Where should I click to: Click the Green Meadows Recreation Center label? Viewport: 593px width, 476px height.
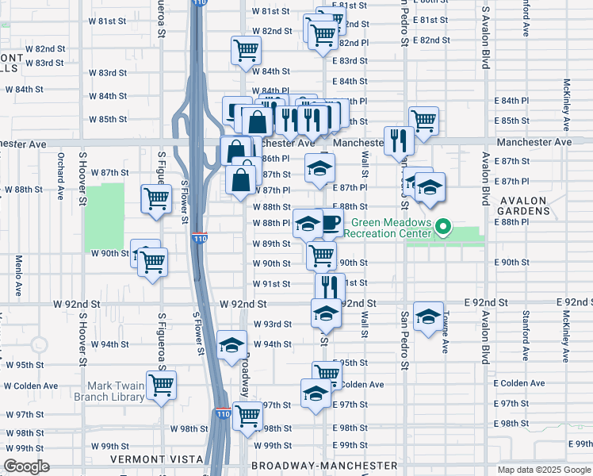[392, 228]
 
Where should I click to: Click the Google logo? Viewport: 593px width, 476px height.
[27, 466]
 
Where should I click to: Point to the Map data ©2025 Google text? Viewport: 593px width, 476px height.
[543, 470]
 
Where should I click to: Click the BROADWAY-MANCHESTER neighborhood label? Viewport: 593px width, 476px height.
[324, 465]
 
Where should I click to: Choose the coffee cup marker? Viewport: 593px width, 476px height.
[328, 223]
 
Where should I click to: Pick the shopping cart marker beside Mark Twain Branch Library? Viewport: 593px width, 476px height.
[162, 386]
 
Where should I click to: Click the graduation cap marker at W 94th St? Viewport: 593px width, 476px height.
[231, 345]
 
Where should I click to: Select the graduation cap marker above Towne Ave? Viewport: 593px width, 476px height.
[428, 317]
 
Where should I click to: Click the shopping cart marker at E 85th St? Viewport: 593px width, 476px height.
[424, 121]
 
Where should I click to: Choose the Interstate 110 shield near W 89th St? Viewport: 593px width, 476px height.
[200, 237]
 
